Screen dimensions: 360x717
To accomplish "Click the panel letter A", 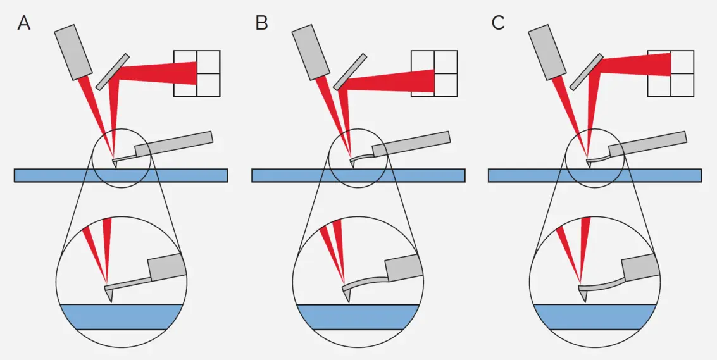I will (24, 23).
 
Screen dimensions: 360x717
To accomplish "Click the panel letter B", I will (261, 23).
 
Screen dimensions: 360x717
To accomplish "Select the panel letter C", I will (498, 23).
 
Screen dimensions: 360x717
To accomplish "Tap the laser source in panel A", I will (74, 52).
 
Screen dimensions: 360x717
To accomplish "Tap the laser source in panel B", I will (312, 52).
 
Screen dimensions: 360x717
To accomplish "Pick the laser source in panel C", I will (548, 52).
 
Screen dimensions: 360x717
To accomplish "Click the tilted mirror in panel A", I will (113, 71).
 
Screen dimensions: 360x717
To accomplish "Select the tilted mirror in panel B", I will (350, 71).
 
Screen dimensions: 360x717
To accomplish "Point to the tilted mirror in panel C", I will (586, 71).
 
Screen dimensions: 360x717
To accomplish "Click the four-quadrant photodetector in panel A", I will (197, 73).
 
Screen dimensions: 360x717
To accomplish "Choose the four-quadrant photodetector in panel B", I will (434, 73).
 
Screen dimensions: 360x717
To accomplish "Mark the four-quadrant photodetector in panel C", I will (670, 73).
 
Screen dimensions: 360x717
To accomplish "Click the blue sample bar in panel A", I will (120, 175).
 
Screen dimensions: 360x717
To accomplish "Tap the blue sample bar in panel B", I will (358, 175).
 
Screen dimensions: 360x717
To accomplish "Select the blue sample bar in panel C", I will (594, 175).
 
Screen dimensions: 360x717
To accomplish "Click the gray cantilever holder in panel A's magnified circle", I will (166, 268).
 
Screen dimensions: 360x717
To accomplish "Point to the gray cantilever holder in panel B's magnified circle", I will (403, 268).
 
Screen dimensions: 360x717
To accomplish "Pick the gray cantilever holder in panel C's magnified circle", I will (640, 268).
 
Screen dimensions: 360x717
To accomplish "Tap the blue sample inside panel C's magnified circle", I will (594, 316).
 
